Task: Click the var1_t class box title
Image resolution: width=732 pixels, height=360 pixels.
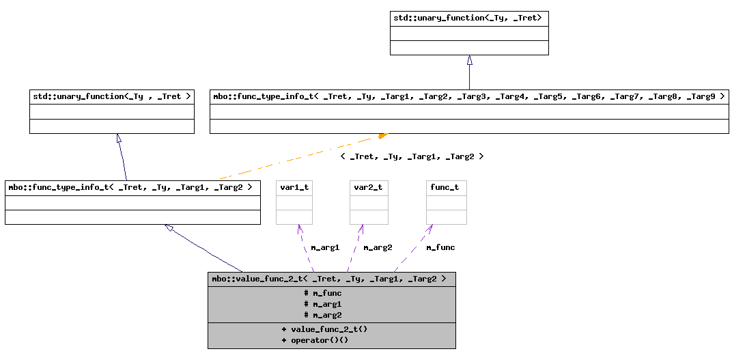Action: tap(294, 187)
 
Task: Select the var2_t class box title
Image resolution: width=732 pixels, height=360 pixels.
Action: tap(369, 187)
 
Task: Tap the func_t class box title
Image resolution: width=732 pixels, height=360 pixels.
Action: tap(446, 187)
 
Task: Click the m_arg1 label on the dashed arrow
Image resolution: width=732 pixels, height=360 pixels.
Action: tap(325, 247)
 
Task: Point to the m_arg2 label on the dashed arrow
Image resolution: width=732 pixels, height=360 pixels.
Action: tap(378, 247)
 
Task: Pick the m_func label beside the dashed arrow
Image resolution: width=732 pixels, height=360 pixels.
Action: tap(440, 247)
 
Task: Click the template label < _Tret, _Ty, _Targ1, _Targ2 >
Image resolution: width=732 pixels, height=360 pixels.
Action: tap(412, 156)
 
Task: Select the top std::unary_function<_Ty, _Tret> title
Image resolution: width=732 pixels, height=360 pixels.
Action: tap(468, 18)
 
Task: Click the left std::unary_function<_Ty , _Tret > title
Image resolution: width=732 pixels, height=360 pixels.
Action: tap(112, 96)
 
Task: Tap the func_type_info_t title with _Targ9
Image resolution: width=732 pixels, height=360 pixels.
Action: tap(468, 96)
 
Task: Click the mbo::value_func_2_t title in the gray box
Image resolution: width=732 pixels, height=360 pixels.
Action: tap(331, 279)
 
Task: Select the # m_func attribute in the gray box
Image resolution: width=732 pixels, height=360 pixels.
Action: tap(322, 293)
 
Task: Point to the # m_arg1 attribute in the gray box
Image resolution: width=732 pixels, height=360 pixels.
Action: tap(322, 304)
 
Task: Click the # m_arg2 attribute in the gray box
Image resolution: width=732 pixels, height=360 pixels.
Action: tap(322, 315)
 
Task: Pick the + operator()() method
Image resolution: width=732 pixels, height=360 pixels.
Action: tap(315, 340)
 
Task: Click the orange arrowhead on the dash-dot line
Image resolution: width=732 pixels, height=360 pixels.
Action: tap(383, 135)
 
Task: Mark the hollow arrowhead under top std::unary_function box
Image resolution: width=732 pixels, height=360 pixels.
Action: tap(469, 60)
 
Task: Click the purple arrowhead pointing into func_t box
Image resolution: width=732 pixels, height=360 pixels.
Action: tap(430, 227)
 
